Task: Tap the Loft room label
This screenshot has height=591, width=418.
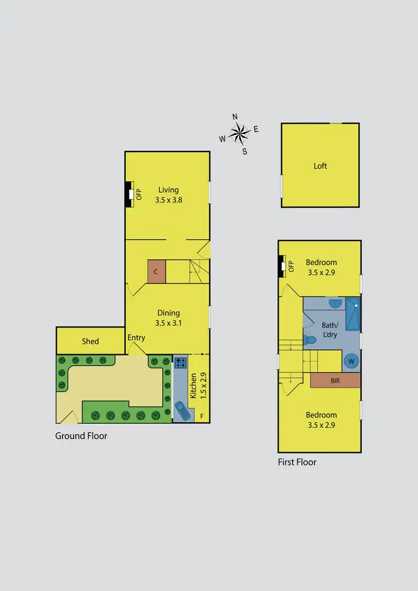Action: coord(320,166)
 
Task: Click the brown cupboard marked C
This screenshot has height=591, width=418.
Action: coord(157,272)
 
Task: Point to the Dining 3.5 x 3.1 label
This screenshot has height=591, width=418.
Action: coord(168,318)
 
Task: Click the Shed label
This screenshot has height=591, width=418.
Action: coord(90,341)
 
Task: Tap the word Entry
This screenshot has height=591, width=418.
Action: coord(137,338)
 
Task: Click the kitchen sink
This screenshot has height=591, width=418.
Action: coord(182,411)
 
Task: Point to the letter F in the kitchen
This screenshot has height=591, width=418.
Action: coord(202,416)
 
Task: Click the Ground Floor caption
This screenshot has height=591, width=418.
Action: coord(81,436)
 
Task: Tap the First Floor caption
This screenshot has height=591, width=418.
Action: coord(297,462)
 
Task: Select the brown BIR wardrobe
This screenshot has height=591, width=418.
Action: coord(335,380)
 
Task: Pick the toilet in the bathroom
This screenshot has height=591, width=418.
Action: coord(310,339)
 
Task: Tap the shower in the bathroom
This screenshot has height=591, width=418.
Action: coord(353,314)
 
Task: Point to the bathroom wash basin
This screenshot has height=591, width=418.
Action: coord(335,304)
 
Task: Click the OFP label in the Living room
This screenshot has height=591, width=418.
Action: coord(139,194)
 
